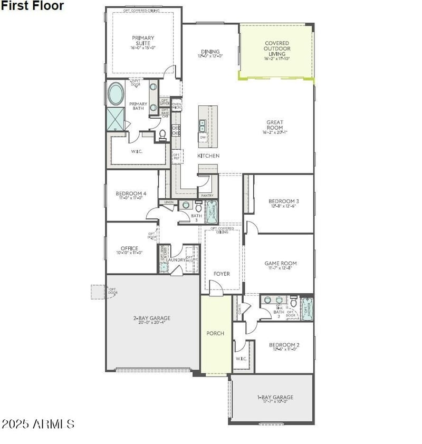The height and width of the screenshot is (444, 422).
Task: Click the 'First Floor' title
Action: point(32,6)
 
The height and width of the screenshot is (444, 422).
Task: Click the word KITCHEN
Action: point(208,156)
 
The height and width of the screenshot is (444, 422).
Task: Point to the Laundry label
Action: point(175,259)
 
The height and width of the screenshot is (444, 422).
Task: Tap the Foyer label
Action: point(222,274)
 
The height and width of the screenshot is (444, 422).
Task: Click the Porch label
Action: point(215,333)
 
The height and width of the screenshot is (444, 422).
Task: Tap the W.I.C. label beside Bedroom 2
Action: point(241,359)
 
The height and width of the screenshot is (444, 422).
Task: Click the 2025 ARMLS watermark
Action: point(38,424)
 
